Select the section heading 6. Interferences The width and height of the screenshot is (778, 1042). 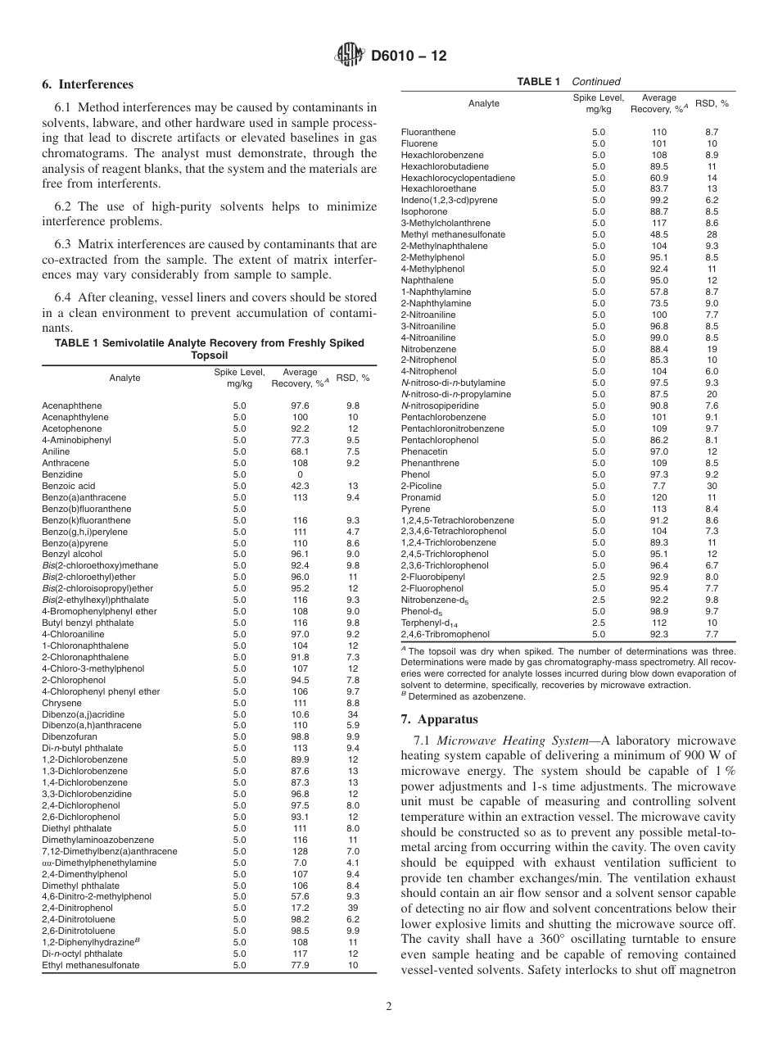tap(88, 84)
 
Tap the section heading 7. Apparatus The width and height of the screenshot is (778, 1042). tap(439, 720)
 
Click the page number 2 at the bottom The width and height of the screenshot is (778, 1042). tap(389, 1007)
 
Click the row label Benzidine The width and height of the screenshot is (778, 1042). tap(62, 474)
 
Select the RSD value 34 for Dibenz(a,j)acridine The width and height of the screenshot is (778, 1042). tap(353, 714)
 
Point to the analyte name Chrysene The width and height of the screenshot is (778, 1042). tap(61, 702)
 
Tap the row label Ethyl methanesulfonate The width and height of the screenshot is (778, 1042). tap(91, 965)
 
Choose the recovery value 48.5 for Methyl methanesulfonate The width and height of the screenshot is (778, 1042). tap(658, 234)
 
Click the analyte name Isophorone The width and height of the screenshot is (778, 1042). tap(423, 211)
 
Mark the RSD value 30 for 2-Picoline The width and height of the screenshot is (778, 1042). tap(712, 486)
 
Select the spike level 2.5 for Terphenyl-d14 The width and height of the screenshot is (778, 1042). tap(599, 623)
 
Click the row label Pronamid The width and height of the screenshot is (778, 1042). tap(421, 497)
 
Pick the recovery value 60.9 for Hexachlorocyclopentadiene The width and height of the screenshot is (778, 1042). tap(658, 178)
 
